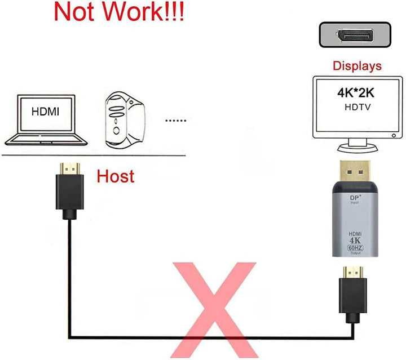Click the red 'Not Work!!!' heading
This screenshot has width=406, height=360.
point(118,12)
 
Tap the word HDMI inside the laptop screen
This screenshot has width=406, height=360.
point(45,112)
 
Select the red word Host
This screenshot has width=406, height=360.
point(116,176)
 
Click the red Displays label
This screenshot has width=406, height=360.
point(357,66)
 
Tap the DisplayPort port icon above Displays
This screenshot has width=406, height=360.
point(355,35)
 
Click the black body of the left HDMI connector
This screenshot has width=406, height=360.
point(69,194)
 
